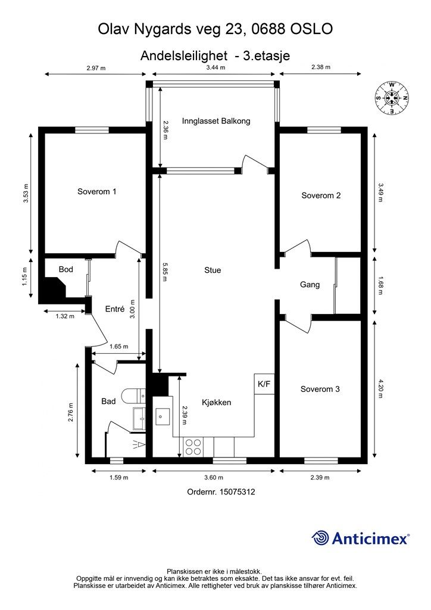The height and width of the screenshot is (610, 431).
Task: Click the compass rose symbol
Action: coord(392,98)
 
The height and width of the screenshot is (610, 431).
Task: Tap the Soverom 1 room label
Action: coord(97,191)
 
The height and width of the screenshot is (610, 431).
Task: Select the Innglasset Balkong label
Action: coord(216,121)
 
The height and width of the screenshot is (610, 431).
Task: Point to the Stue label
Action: coord(213,270)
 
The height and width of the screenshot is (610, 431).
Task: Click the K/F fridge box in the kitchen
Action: coord(264,384)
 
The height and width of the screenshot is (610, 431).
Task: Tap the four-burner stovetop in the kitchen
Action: coord(193,447)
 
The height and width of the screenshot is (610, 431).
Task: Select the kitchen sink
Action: coord(162,417)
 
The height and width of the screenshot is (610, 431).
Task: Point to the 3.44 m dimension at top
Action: coord(215,67)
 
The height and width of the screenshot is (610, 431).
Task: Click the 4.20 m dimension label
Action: coord(380,388)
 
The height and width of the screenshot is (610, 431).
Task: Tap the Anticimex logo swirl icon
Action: coord(320,538)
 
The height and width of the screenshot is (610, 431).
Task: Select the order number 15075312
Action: coord(237,491)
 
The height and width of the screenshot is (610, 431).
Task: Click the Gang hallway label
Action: coord(310,285)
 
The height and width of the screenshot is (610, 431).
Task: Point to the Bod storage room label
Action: coord(65,269)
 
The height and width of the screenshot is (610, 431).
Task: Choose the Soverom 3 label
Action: coord(320,389)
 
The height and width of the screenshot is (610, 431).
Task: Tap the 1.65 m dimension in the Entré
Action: coord(118,346)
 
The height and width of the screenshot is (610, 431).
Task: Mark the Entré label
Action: coord(115,309)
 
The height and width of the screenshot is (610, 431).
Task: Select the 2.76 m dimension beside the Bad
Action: coord(71,412)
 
